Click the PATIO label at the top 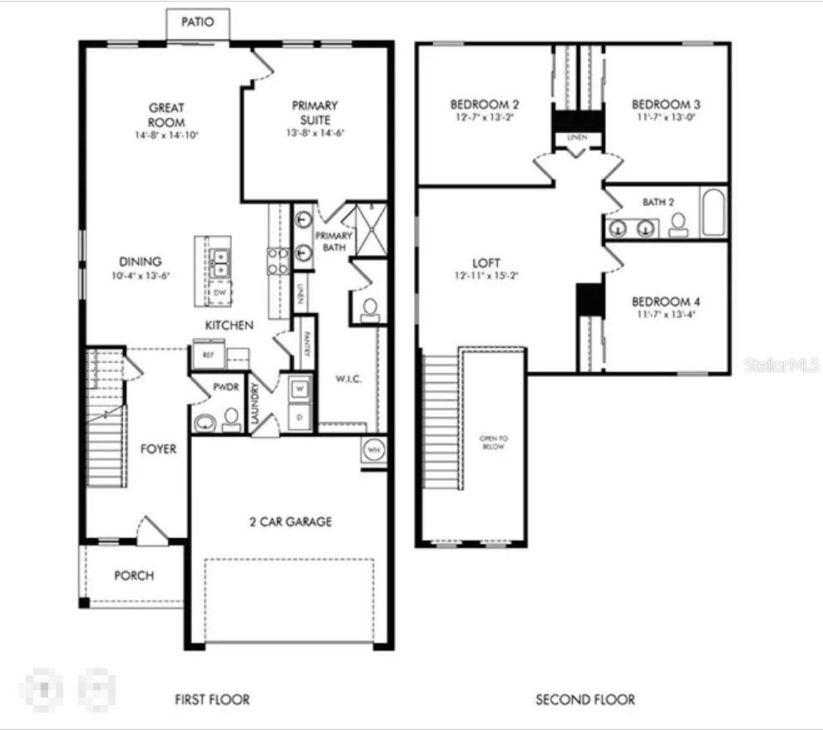pyautogui.click(x=197, y=22)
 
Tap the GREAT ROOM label pyautogui.click(x=166, y=115)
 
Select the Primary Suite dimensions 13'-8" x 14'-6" pyautogui.click(x=314, y=133)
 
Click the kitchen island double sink pyautogui.click(x=220, y=262)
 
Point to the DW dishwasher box pyautogui.click(x=219, y=293)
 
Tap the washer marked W pyautogui.click(x=299, y=389)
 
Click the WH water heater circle pyautogui.click(x=373, y=449)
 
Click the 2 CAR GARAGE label pyautogui.click(x=290, y=522)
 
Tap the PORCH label pyautogui.click(x=134, y=576)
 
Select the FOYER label pyautogui.click(x=158, y=449)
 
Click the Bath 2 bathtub pyautogui.click(x=714, y=213)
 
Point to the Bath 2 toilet pyautogui.click(x=678, y=224)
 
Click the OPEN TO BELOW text pyautogui.click(x=492, y=442)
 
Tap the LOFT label pyautogui.click(x=485, y=262)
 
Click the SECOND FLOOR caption pyautogui.click(x=585, y=699)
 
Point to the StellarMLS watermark pyautogui.click(x=781, y=365)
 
